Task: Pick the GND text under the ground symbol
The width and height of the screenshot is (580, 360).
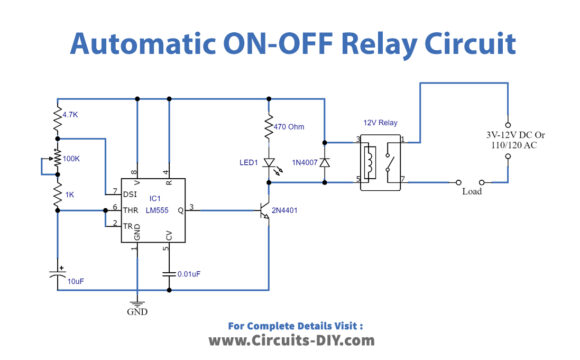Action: point(137,311)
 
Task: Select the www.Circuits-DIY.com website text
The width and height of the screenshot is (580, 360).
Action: point(289,340)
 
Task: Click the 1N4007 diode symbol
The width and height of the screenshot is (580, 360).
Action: point(324,159)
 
